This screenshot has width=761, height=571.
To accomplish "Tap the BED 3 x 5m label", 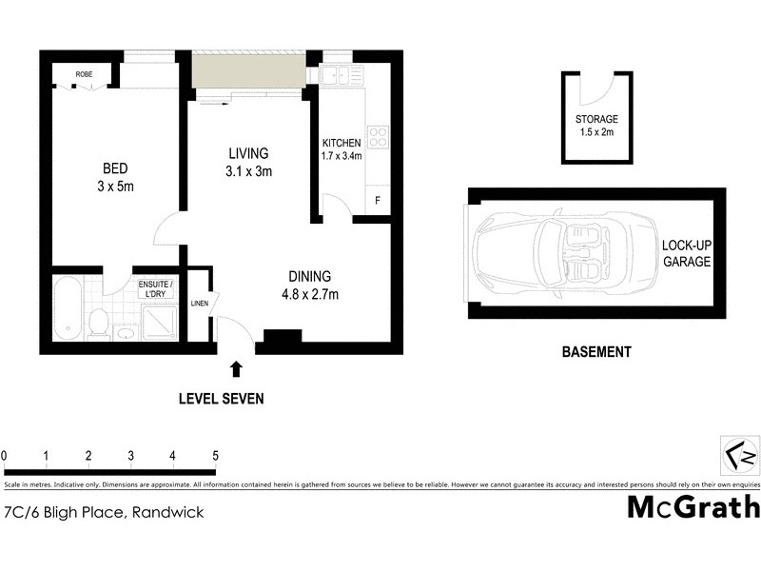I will [x=116, y=178].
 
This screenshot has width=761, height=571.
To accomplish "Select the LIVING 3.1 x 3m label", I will [x=248, y=162].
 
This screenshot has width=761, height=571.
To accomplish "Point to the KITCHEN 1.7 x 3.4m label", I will [x=342, y=149].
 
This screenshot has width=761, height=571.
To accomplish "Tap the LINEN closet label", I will [x=199, y=304].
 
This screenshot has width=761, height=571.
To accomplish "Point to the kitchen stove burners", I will [x=379, y=136].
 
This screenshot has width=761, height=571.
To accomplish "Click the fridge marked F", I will [x=378, y=201].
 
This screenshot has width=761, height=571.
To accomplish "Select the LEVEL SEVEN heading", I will [x=222, y=399].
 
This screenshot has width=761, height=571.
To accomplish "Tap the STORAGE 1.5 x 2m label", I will [x=596, y=126].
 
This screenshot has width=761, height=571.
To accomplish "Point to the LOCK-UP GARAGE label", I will [x=687, y=253].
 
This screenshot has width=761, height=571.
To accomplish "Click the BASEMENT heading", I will [x=596, y=352].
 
